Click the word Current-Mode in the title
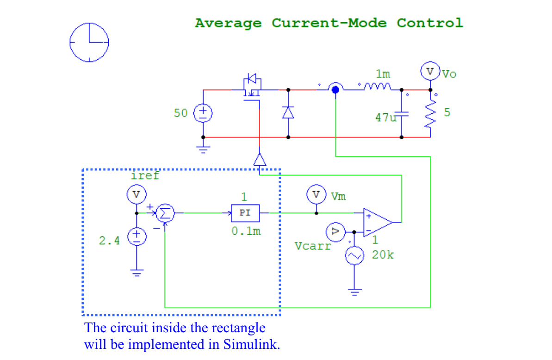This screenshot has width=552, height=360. coord(329,23)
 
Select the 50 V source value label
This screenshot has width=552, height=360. coord(180,112)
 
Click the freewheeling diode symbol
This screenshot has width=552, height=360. coord(288,112)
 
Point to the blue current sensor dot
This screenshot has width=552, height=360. coord(335,89)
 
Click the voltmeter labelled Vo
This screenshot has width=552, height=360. coord(429,72)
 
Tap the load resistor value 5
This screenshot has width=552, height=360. coord(447,112)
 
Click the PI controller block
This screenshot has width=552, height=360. coord(245,213)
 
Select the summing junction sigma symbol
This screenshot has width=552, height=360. coord(163,213)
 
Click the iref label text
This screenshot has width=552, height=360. coord(145,175)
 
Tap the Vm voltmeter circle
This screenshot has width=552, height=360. coord(316,195)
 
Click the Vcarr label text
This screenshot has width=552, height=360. coord(313,246)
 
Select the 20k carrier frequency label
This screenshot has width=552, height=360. coord(383,254)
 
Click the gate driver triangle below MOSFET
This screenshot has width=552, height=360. coord(260,160)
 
